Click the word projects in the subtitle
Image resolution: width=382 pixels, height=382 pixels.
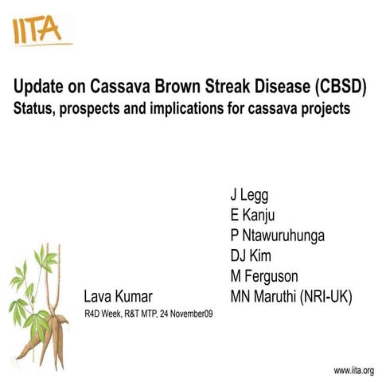(x=322, y=109)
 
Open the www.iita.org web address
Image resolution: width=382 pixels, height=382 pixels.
(x=353, y=371)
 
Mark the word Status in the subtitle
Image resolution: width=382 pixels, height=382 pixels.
(x=32, y=109)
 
